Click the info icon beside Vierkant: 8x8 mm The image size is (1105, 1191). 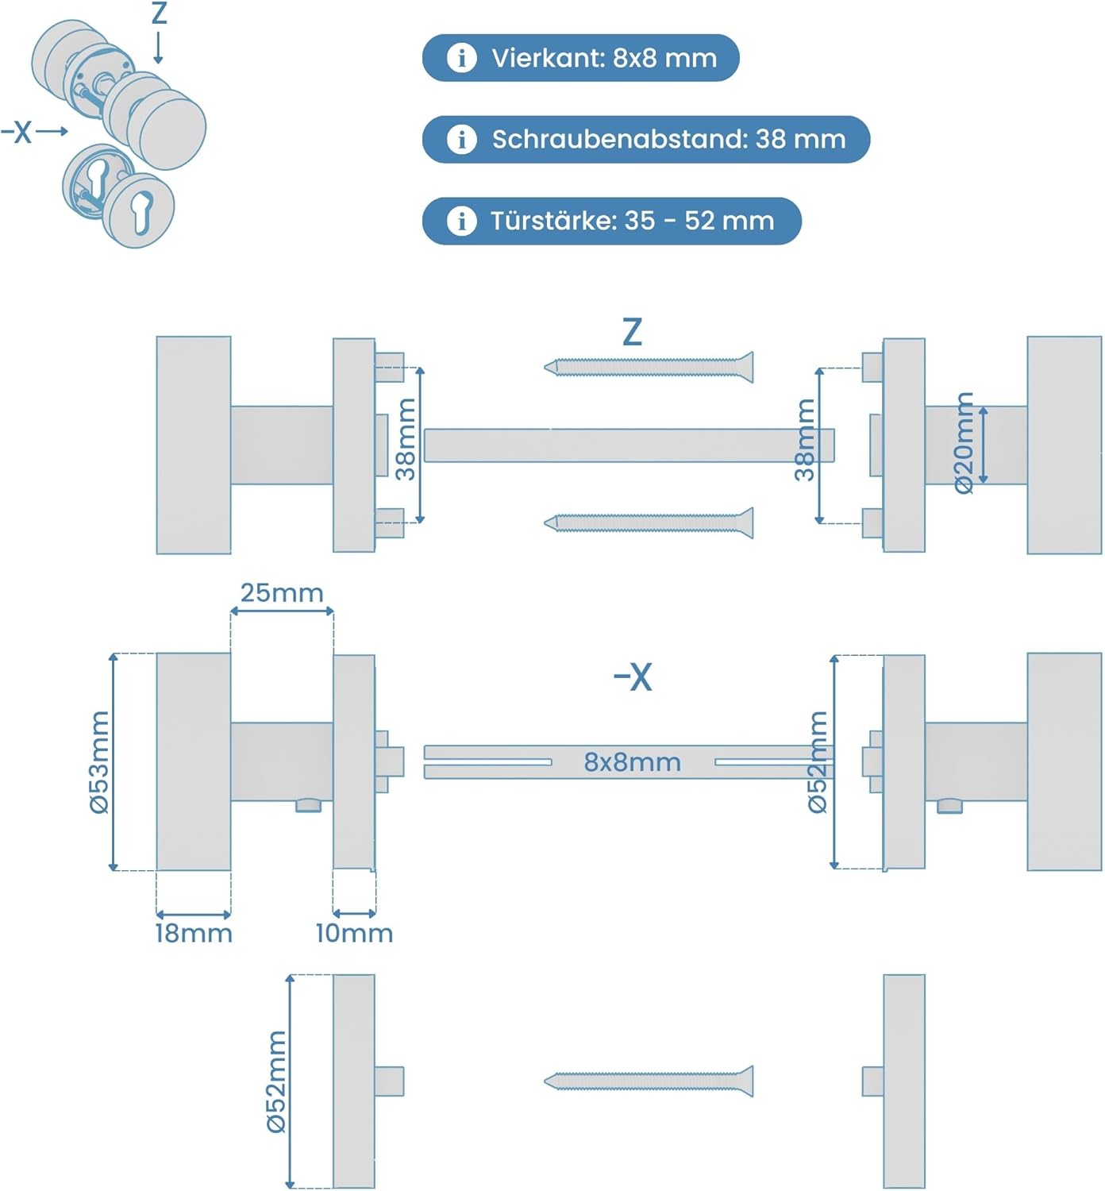click(x=461, y=58)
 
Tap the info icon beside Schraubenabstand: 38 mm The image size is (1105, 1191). click(x=461, y=139)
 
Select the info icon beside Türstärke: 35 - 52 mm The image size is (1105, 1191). click(x=461, y=220)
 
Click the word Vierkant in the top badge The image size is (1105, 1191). click(x=547, y=58)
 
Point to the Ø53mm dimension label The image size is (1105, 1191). click(x=99, y=762)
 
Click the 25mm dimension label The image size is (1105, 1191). click(x=282, y=593)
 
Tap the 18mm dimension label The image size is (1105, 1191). click(x=194, y=933)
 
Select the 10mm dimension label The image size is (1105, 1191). click(x=354, y=933)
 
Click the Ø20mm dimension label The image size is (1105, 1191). click(x=964, y=443)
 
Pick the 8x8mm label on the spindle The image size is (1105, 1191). click(x=632, y=762)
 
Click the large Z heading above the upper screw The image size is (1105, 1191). click(x=632, y=332)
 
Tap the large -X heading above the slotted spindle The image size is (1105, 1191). click(x=633, y=677)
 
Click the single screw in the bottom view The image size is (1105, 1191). click(x=649, y=1081)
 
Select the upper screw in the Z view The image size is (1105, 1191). click(x=649, y=367)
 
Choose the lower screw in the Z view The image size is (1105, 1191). click(x=649, y=522)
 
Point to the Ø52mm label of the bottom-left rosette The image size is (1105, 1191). click(x=275, y=1081)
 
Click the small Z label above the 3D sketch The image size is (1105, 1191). click(x=159, y=13)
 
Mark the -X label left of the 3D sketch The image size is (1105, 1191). click(x=17, y=132)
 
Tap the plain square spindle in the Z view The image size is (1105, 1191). click(x=629, y=445)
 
